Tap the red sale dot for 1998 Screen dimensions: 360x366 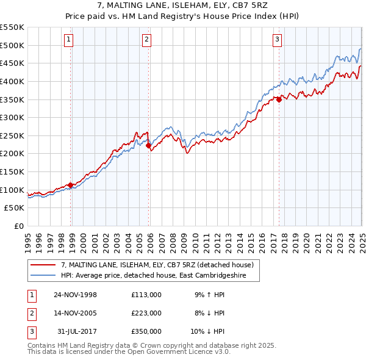(71, 185)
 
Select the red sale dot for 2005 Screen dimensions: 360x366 (148, 145)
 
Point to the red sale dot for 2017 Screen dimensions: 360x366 (279, 99)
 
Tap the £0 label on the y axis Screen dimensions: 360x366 (18, 226)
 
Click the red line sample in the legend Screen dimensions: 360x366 (43, 264)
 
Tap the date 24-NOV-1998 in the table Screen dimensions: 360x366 (76, 295)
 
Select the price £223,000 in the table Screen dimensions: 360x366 (146, 313)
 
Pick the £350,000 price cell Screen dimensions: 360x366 (146, 331)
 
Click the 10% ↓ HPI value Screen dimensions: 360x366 (208, 331)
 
